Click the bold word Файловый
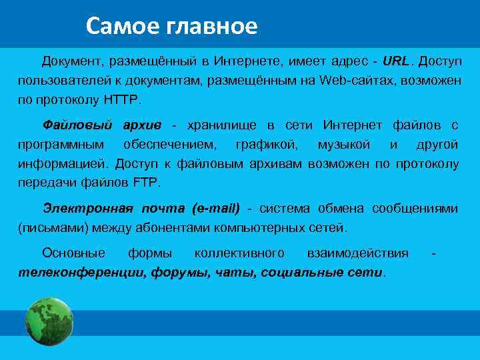tap(71, 126)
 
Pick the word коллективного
tap(239, 253)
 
